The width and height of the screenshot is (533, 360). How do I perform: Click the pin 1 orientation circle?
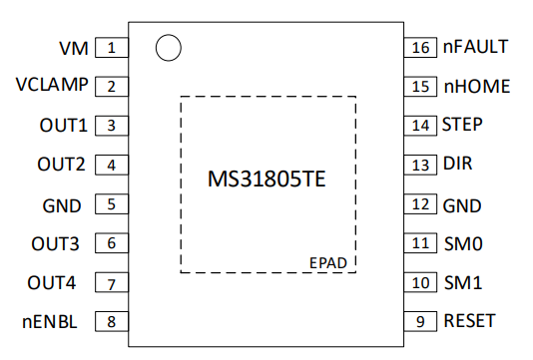pos(169,36)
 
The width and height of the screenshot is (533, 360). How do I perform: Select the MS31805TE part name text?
pos(266,179)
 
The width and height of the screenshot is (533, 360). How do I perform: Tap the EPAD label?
pos(328,263)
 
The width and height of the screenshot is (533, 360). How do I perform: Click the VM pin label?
pos(74,48)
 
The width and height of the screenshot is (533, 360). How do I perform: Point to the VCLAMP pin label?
pos(52,85)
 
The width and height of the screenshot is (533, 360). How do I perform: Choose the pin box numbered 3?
pos(112,126)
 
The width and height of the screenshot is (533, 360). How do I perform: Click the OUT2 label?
pos(61,165)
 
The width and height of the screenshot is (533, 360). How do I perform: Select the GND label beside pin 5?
pos(62,205)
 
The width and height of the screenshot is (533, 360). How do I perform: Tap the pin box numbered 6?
pos(112,243)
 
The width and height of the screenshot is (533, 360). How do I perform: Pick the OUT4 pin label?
pos(51,283)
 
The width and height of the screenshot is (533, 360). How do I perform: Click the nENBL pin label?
pos(50,322)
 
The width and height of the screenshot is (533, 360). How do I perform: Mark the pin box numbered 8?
pos(112,321)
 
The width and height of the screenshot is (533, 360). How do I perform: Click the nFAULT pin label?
pos(475,47)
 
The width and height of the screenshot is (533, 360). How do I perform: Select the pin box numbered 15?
pos(420,87)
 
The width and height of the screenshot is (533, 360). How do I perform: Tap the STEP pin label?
pos(462,125)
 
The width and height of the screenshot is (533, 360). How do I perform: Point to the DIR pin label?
pos(457,164)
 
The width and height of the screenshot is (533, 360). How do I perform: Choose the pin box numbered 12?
pos(420,204)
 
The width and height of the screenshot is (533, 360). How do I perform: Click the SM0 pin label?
pos(463,244)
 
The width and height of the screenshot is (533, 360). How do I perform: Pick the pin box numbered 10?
pos(420,282)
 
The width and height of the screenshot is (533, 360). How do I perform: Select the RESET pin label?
pos(469,321)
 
